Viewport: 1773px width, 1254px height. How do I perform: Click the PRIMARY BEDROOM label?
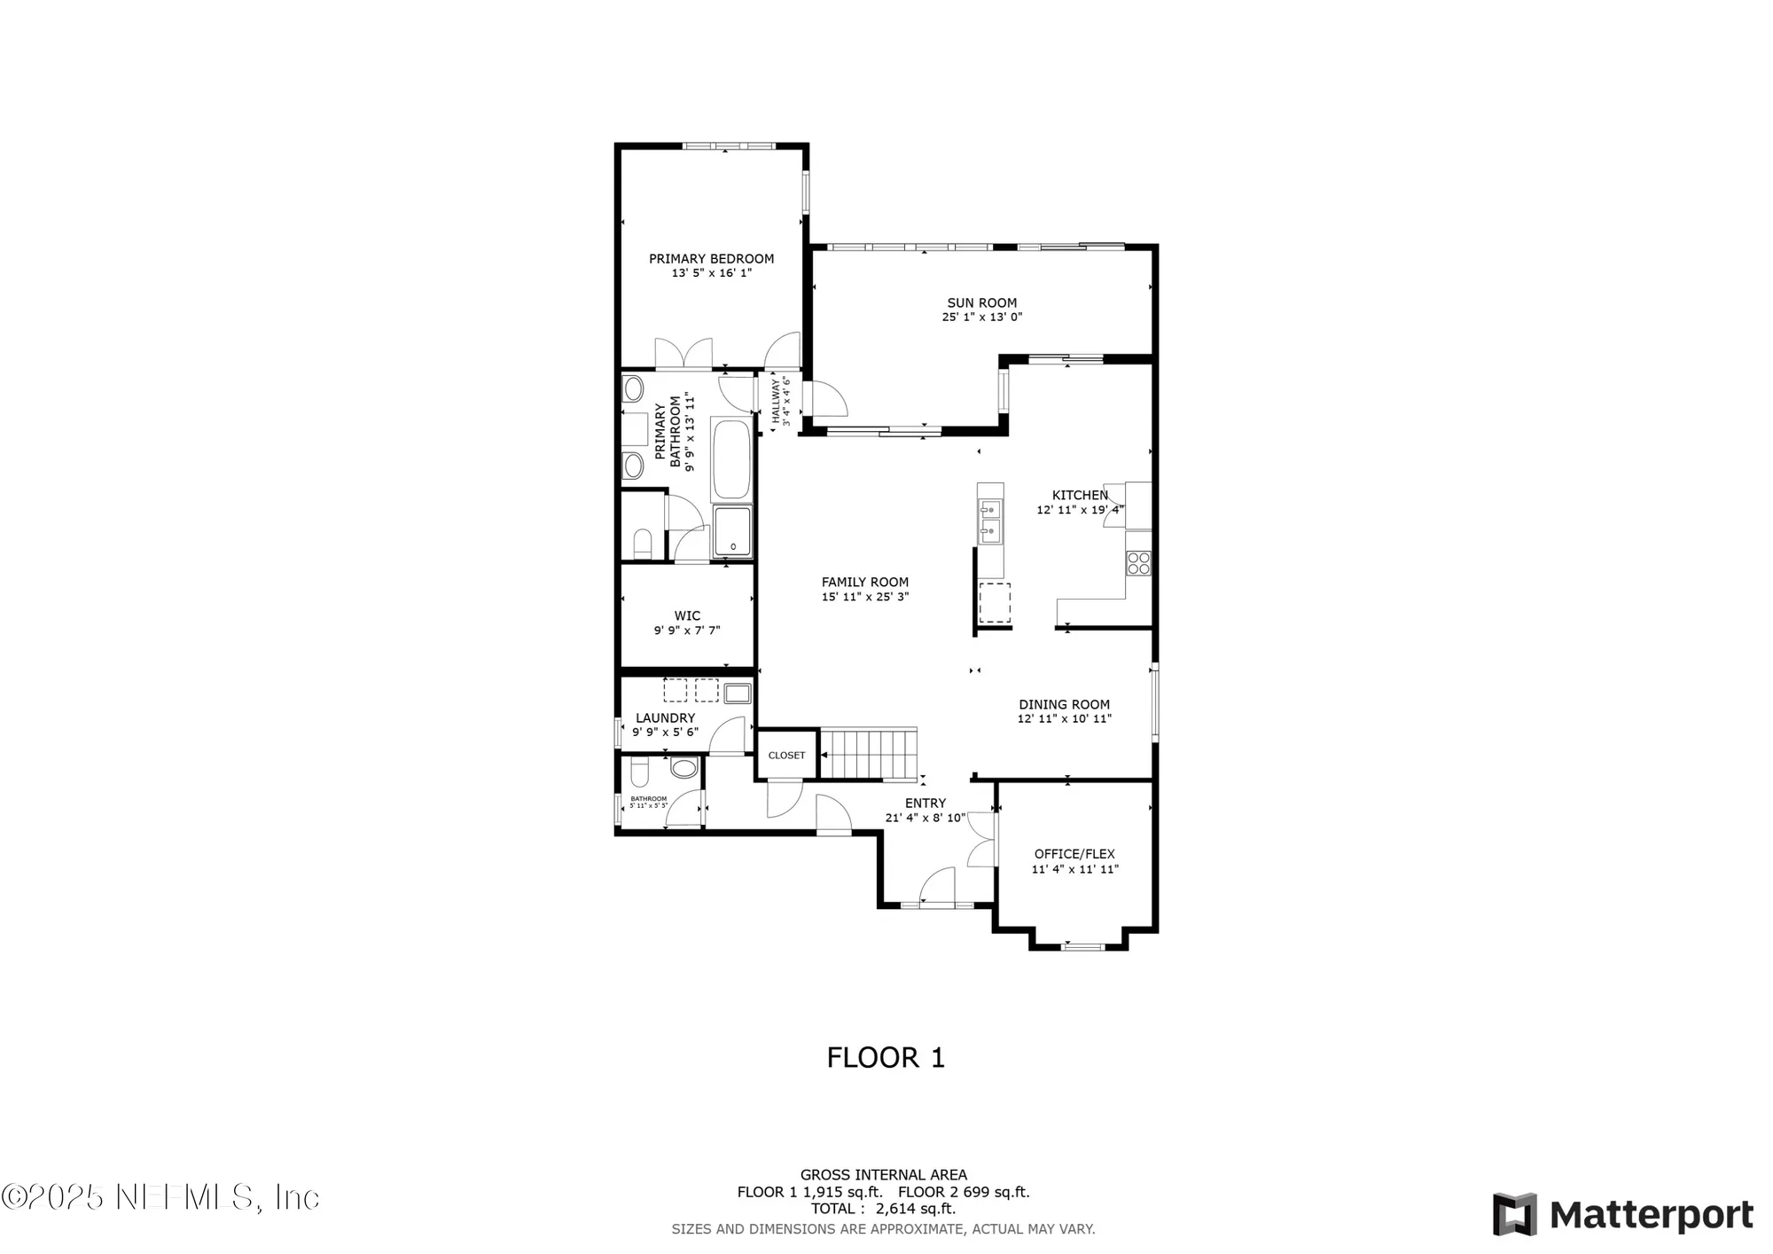click(x=711, y=259)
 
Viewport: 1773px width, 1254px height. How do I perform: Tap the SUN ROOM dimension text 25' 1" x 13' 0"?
click(x=981, y=317)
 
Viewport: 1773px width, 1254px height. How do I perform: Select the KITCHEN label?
click(x=1080, y=495)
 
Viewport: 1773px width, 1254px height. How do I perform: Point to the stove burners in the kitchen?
click(x=1138, y=562)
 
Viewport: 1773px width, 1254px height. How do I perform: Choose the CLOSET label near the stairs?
click(x=786, y=756)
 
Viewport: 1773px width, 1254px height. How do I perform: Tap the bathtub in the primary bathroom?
click(x=731, y=460)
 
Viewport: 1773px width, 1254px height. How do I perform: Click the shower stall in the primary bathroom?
click(x=732, y=531)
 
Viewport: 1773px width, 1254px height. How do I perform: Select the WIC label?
click(x=687, y=615)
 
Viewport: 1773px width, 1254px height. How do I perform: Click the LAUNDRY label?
click(x=665, y=718)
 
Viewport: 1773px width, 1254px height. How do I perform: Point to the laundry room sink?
click(x=738, y=693)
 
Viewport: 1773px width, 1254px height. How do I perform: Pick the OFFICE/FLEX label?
click(x=1074, y=854)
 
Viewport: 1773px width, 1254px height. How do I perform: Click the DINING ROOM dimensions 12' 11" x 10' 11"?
click(x=1064, y=719)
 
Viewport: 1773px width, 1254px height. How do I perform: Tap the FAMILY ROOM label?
click(x=865, y=583)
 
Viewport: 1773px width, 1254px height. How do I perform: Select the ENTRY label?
click(x=926, y=803)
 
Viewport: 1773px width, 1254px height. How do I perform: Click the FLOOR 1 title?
click(x=886, y=1057)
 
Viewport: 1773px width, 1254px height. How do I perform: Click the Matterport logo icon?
click(x=1514, y=1214)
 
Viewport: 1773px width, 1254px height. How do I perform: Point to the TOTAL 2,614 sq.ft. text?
click(x=883, y=1209)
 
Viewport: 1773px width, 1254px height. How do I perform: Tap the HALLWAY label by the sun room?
click(x=775, y=401)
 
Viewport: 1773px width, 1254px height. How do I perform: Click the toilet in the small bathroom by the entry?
click(x=683, y=768)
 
